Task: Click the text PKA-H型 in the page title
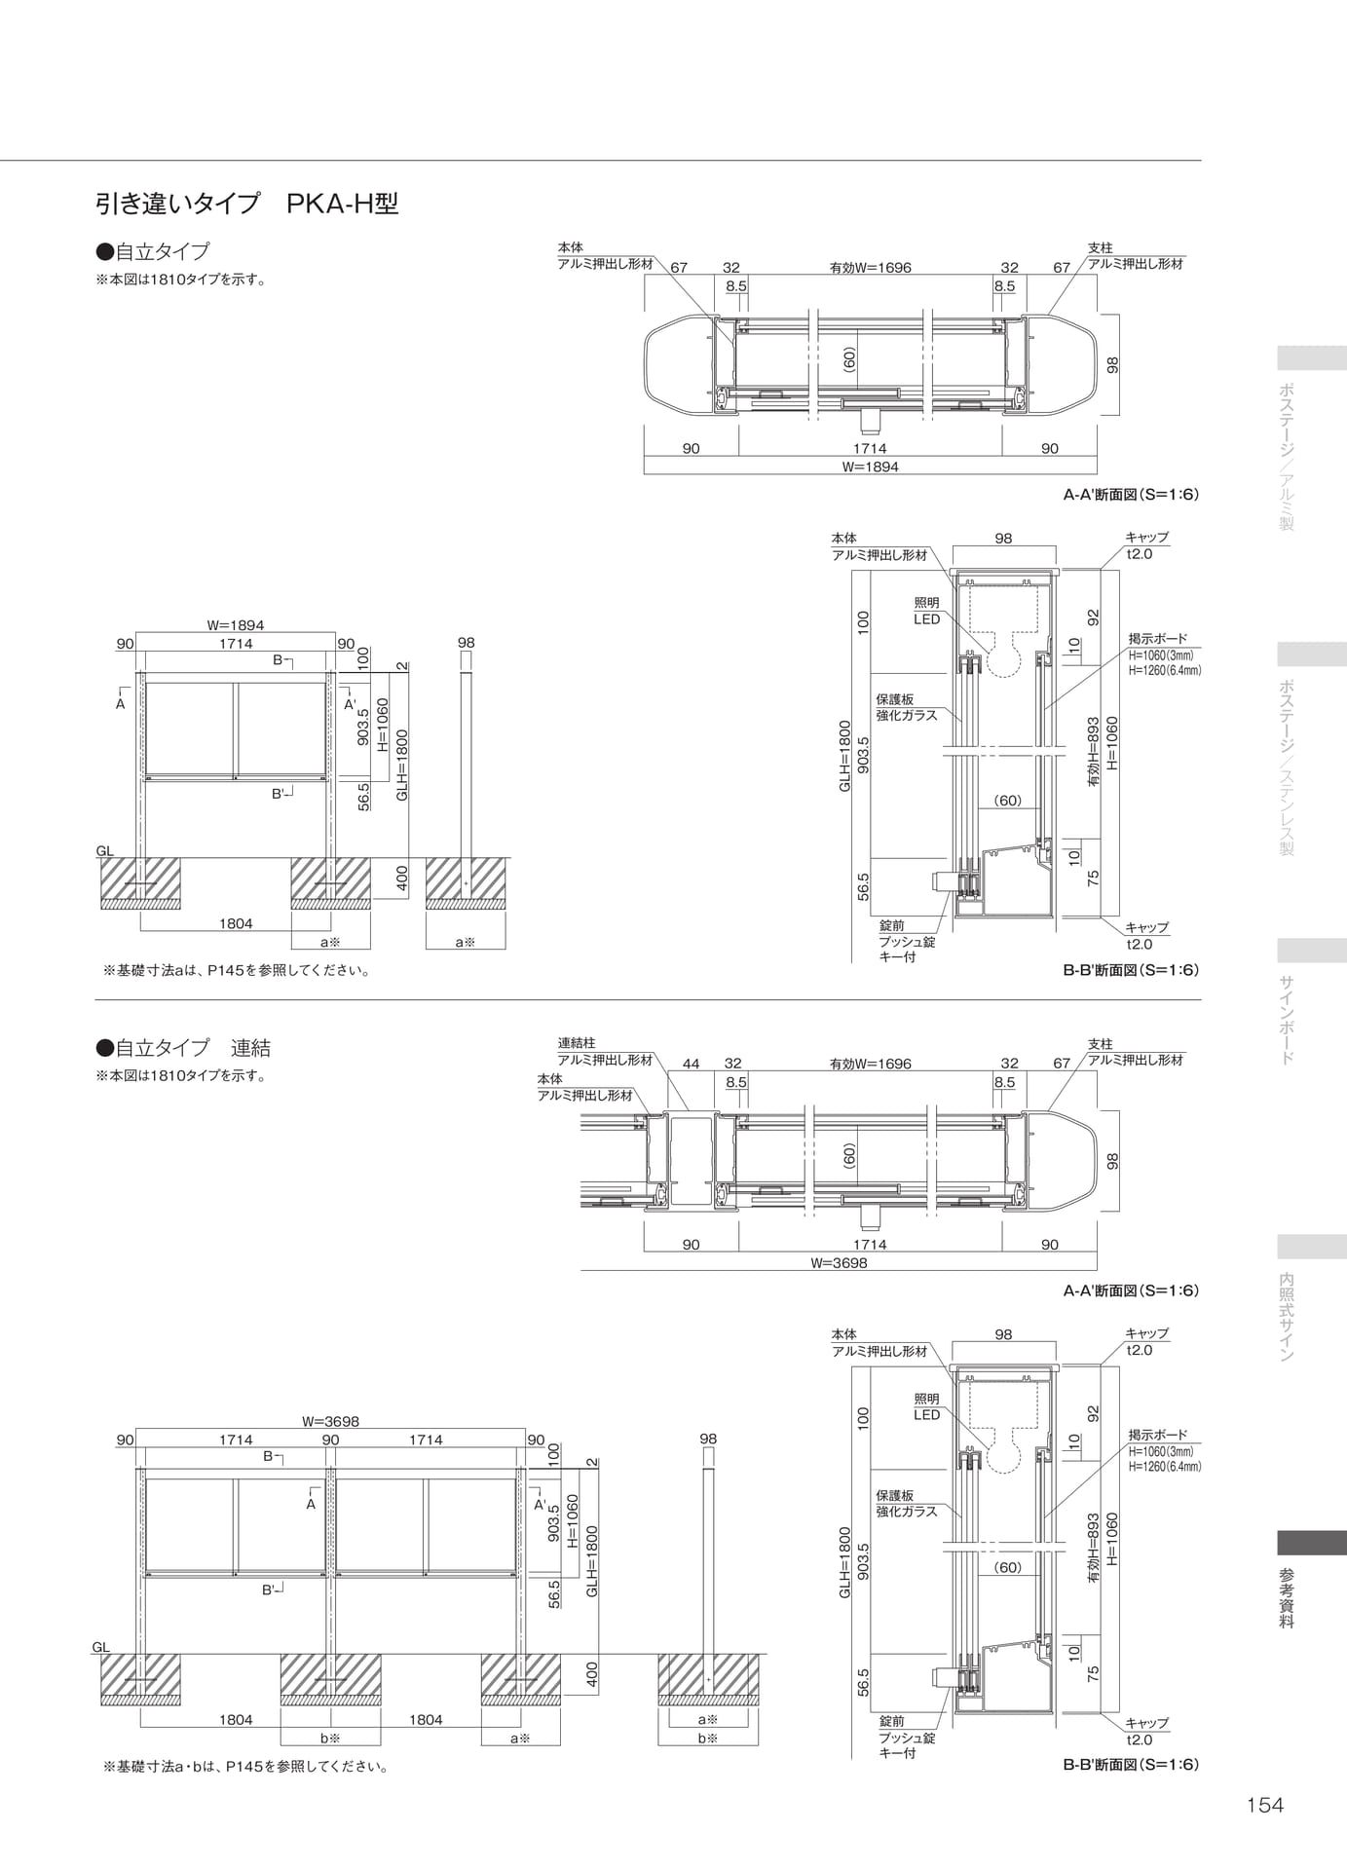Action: tap(343, 204)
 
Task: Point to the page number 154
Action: tap(1265, 1805)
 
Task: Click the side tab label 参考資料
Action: tap(1287, 1598)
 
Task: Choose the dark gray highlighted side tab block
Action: tap(1312, 1543)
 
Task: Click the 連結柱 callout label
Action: tap(576, 1043)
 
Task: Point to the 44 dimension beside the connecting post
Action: tap(691, 1064)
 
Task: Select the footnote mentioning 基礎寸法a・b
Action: tap(246, 1766)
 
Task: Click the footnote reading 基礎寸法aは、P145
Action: tap(237, 970)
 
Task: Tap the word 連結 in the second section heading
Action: tap(250, 1048)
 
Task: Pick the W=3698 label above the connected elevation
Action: tap(330, 1421)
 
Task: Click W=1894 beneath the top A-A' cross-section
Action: tap(871, 467)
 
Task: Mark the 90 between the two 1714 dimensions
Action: tap(330, 1440)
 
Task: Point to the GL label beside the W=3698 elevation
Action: tap(101, 1647)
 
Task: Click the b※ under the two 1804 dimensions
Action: tap(330, 1738)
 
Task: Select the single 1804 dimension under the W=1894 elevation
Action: tap(236, 923)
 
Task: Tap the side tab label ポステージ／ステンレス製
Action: tap(1287, 766)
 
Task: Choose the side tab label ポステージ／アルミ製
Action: tap(1287, 456)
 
